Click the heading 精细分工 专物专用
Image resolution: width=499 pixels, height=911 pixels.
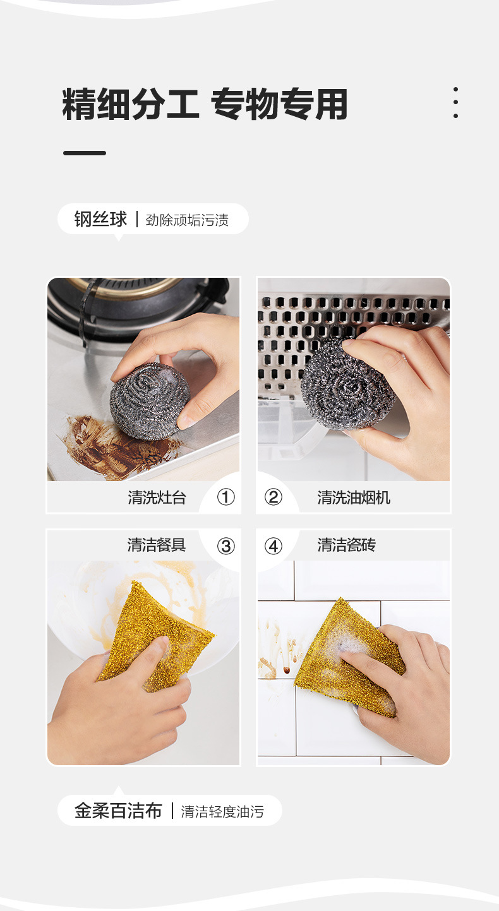(205, 104)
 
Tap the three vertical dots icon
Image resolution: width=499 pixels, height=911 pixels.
(455, 102)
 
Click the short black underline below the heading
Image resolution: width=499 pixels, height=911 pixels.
(84, 153)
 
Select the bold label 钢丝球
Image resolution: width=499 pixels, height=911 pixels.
(100, 219)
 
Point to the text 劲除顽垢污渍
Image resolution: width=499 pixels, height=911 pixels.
(187, 220)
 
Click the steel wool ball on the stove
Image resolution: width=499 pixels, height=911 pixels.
(150, 401)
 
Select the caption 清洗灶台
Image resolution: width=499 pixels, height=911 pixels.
(157, 497)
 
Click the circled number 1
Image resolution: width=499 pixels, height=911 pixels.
(226, 497)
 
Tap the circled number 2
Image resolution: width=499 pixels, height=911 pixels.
(273, 497)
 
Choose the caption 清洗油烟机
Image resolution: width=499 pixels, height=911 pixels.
(354, 497)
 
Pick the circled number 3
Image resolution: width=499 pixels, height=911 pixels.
(226, 546)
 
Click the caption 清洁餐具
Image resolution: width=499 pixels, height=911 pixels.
(157, 545)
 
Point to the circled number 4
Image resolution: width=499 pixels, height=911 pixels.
(273, 546)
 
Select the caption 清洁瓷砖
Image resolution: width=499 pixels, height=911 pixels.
(346, 545)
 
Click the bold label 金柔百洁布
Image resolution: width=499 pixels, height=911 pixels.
(119, 811)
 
